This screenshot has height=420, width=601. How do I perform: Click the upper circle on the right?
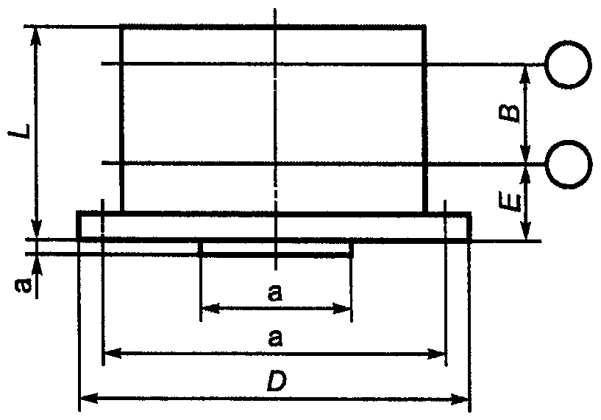(x=568, y=64)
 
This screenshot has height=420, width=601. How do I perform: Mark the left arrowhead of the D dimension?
(x=83, y=399)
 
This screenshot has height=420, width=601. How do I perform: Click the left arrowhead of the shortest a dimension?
(x=207, y=308)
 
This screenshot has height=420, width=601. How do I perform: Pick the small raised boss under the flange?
(x=276, y=248)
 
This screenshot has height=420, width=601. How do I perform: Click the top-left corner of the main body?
(x=121, y=27)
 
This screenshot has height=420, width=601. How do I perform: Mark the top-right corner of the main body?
(x=424, y=27)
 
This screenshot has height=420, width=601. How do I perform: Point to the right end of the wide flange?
(x=469, y=225)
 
